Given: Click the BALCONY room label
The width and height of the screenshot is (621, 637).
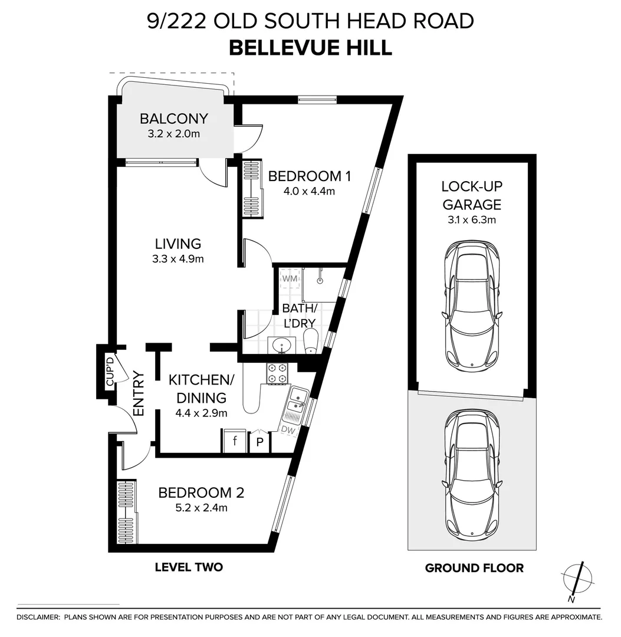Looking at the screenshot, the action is pyautogui.click(x=174, y=119).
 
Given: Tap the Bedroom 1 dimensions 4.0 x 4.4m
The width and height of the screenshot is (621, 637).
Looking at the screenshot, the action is pyautogui.click(x=309, y=191).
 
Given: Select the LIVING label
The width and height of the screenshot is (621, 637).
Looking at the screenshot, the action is pyautogui.click(x=178, y=244).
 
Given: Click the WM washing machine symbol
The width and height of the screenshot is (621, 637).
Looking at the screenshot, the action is pyautogui.click(x=290, y=278).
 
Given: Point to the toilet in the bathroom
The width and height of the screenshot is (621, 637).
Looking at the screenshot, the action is pyautogui.click(x=311, y=341).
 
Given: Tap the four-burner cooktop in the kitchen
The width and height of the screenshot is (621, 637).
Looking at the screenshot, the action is pyautogui.click(x=277, y=373).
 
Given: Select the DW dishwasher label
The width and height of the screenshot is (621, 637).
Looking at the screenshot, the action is pyautogui.click(x=288, y=429).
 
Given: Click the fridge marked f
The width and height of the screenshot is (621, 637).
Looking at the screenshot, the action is pyautogui.click(x=235, y=441).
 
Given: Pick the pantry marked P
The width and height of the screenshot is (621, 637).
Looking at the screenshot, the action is pyautogui.click(x=260, y=442).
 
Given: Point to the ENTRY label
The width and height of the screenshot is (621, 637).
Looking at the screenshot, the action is pyautogui.click(x=139, y=393).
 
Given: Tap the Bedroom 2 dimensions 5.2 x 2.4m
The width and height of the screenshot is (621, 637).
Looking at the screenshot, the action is pyautogui.click(x=201, y=508).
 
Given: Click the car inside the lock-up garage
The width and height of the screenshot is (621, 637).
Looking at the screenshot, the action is pyautogui.click(x=472, y=304).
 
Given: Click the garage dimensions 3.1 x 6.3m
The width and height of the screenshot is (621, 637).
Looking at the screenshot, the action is pyautogui.click(x=472, y=220).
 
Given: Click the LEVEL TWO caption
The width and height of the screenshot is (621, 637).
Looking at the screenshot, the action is pyautogui.click(x=189, y=567).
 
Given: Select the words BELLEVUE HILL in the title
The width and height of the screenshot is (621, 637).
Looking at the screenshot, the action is pyautogui.click(x=311, y=48).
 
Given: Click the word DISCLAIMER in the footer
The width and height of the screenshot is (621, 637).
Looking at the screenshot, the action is pyautogui.click(x=38, y=618).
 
